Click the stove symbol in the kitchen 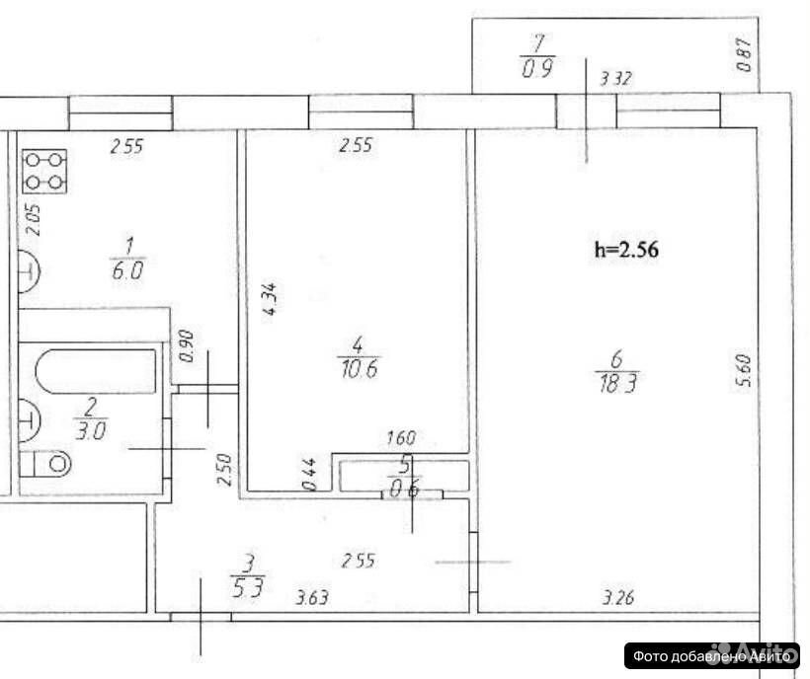[x=44, y=171]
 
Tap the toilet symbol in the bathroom [x=46, y=463]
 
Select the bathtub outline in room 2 [x=96, y=371]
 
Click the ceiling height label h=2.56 [x=626, y=250]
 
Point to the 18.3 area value [x=617, y=384]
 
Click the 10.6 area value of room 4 [x=360, y=369]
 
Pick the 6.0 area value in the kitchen [x=128, y=269]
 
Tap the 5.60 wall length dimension [x=745, y=370]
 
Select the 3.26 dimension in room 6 [x=617, y=598]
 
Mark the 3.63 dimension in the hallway [x=312, y=597]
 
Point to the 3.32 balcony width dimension [x=616, y=79]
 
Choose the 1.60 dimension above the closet [x=401, y=438]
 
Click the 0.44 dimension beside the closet [x=308, y=474]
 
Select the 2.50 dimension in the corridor [x=224, y=469]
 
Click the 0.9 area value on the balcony [x=537, y=69]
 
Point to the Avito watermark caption [x=712, y=655]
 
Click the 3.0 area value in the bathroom [x=91, y=431]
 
